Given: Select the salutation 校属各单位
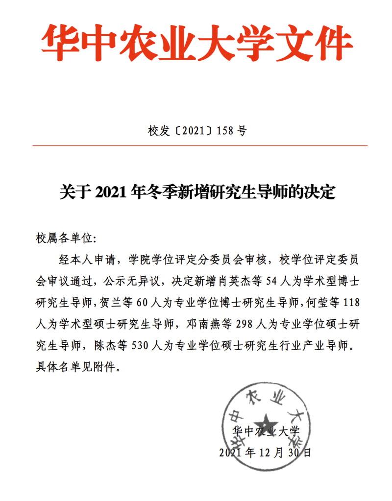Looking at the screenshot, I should pos(64,238).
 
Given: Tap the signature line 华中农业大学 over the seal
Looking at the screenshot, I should pos(265,431).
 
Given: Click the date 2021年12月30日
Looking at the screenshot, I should pos(265,452).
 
